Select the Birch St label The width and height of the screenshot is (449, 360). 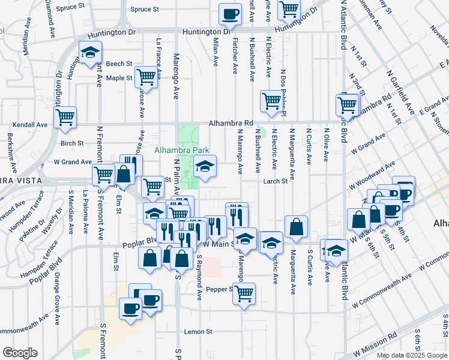tap(71, 143)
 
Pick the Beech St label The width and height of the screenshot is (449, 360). tap(119, 64)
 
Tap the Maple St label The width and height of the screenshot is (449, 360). tap(119, 78)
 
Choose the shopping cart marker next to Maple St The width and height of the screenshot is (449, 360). tap(146, 76)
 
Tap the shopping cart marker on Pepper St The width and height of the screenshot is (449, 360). tap(244, 293)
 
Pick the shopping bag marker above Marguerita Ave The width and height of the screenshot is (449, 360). tap(297, 226)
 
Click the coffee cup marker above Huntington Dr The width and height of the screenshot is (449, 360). tap(229, 13)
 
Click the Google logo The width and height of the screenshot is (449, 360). tap(20, 353)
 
